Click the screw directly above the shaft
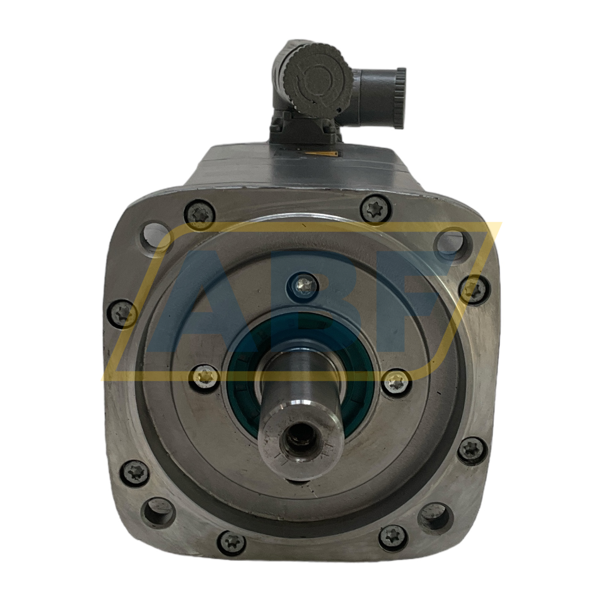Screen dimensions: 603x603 pyautogui.click(x=302, y=284)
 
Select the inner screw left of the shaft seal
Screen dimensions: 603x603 pyautogui.click(x=205, y=375)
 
